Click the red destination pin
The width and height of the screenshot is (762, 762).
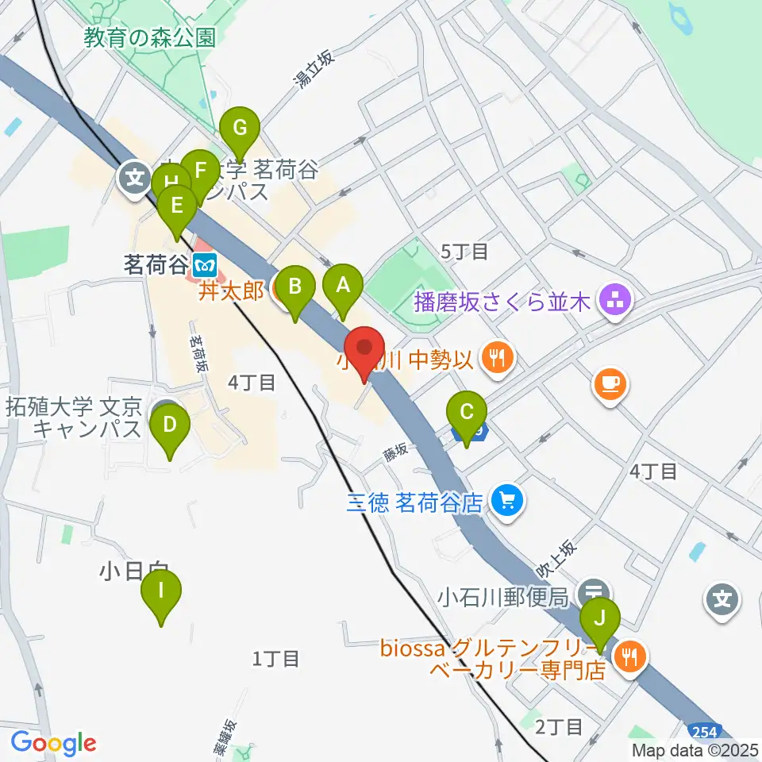click(365, 349)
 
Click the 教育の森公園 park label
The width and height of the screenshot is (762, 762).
click(151, 38)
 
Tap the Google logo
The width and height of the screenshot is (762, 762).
click(53, 743)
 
